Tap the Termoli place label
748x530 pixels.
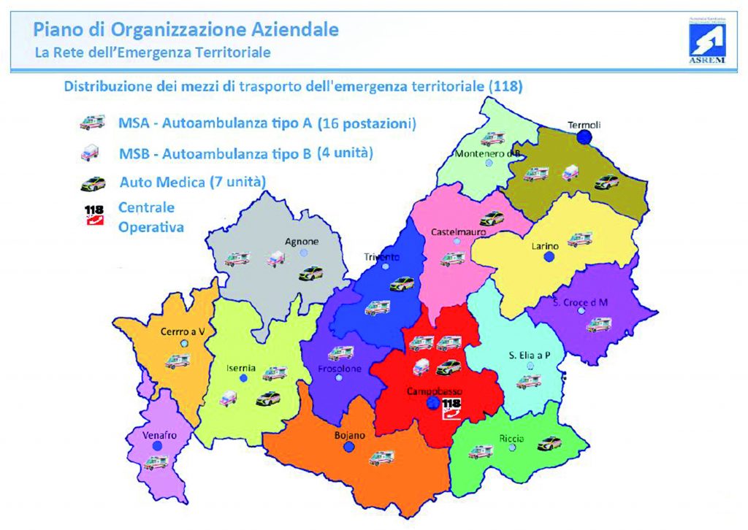[x=584, y=125]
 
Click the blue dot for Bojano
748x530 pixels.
[x=349, y=447]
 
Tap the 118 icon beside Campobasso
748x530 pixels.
[x=451, y=408]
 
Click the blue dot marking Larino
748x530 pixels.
[x=550, y=257]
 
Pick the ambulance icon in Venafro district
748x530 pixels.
[x=157, y=461]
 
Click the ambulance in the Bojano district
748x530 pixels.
[x=381, y=458]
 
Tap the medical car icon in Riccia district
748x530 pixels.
[x=549, y=442]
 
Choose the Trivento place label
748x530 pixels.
[x=382, y=256]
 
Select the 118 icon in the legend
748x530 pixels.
[x=94, y=215]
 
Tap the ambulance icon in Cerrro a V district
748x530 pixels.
[x=178, y=361]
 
